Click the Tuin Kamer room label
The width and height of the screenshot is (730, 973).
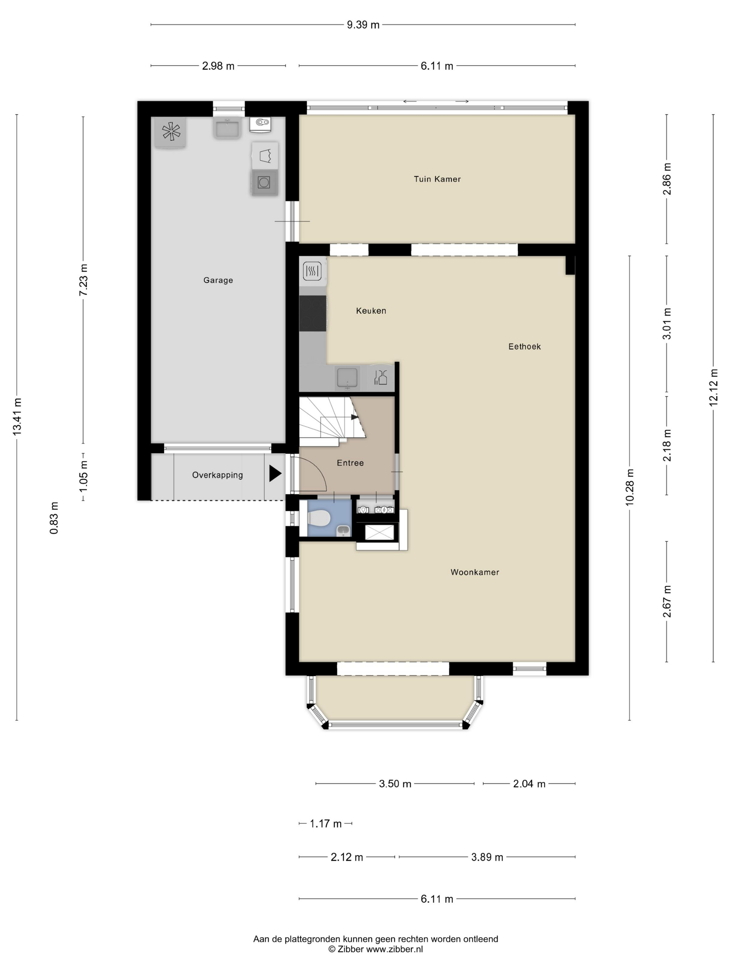point(437,179)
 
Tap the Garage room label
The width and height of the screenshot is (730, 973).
point(218,280)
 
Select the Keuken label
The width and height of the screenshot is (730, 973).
point(371,311)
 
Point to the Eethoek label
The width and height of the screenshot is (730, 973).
point(525,346)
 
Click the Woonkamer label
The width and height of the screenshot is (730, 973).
point(475,572)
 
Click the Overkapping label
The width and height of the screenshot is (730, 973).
point(217,475)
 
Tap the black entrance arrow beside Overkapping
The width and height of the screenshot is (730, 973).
point(275,474)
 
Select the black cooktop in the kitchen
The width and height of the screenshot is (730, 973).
point(313,313)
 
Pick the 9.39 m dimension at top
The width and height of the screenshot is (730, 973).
point(363,25)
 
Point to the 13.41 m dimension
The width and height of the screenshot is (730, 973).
point(17,417)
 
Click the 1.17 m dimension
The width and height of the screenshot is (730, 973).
point(326,824)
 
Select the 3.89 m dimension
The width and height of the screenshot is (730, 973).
point(487,857)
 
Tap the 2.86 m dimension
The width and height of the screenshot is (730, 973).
point(667,179)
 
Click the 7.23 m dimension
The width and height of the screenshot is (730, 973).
point(83,280)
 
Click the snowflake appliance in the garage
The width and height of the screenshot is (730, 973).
point(171,131)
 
